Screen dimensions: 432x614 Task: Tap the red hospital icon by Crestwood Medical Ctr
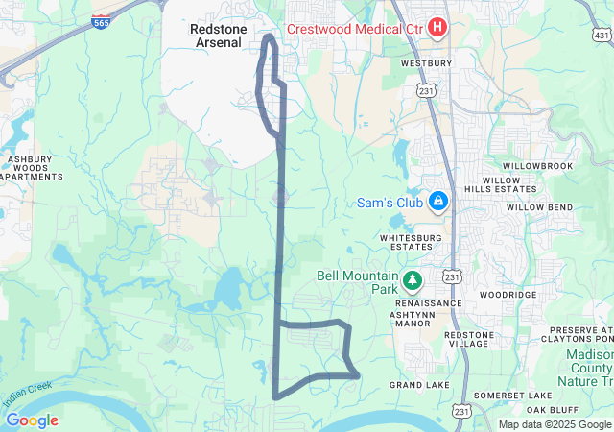pyautogui.click(x=437, y=26)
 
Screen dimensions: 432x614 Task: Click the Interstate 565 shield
pyautogui.click(x=100, y=21)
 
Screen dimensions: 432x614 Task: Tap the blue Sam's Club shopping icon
pyautogui.click(x=437, y=200)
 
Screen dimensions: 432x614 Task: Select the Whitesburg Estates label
pyautogui.click(x=413, y=242)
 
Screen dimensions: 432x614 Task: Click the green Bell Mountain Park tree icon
pyautogui.click(x=413, y=280)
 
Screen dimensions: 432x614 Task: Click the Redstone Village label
pyautogui.click(x=468, y=341)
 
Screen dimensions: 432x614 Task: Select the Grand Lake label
pyautogui.click(x=419, y=385)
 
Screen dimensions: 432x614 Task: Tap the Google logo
pyautogui.click(x=32, y=420)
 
